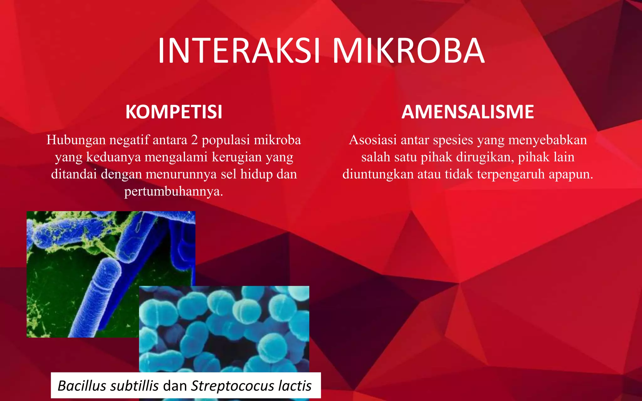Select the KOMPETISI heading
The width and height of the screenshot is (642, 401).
pyautogui.click(x=174, y=112)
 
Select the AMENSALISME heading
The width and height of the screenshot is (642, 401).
pyautogui.click(x=468, y=112)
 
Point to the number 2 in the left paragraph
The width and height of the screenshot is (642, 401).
pyautogui.click(x=194, y=140)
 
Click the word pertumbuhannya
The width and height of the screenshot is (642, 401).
pyautogui.click(x=173, y=191)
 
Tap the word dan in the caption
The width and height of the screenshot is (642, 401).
pyautogui.click(x=175, y=386)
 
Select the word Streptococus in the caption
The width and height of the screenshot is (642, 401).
pyautogui.click(x=233, y=386)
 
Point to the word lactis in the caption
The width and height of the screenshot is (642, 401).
pyautogui.click(x=295, y=386)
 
